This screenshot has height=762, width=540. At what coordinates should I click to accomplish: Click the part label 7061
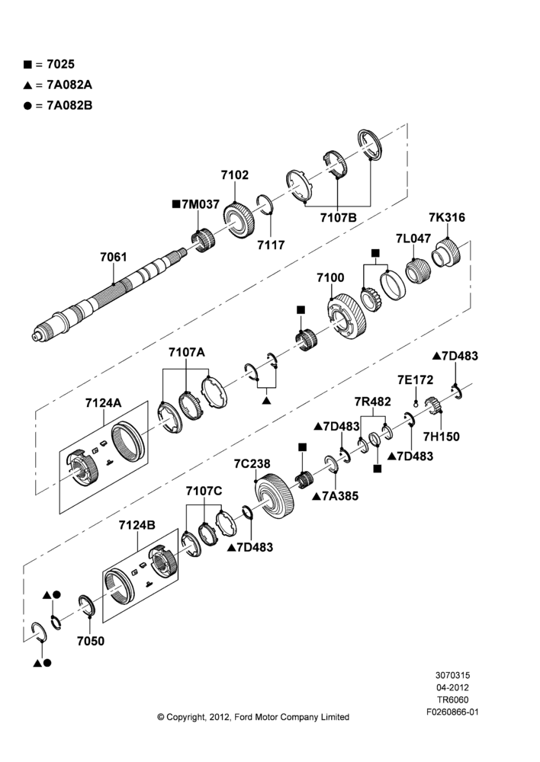[114, 257]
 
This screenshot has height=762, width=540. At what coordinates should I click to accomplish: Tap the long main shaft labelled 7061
[110, 294]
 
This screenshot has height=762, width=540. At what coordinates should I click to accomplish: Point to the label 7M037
[196, 204]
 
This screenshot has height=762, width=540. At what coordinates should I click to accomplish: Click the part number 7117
[271, 245]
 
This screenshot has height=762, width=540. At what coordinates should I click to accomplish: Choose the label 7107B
[339, 218]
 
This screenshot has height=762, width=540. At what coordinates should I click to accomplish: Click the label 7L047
[413, 238]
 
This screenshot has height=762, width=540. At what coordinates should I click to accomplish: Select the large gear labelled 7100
[347, 316]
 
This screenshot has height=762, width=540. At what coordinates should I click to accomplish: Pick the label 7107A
[187, 352]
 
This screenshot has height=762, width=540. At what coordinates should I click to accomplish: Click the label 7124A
[103, 403]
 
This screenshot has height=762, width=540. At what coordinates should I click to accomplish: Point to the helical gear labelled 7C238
[275, 497]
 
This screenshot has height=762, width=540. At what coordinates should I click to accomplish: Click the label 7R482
[373, 402]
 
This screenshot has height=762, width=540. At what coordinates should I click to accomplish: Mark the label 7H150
[442, 437]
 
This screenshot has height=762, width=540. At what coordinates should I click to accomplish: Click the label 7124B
[137, 525]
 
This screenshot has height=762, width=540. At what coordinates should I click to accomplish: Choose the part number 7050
[91, 642]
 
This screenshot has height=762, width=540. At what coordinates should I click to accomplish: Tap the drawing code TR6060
[452, 700]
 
